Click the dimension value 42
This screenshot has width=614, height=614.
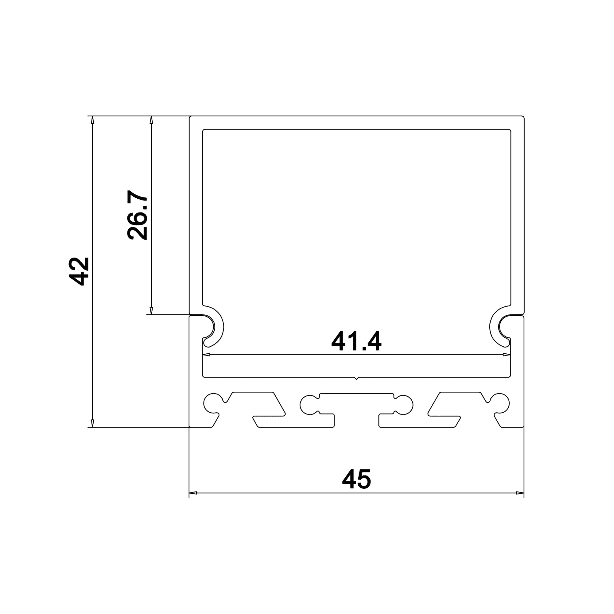79,272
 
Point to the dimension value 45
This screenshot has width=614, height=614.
356,479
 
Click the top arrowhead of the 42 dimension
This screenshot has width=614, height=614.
92,120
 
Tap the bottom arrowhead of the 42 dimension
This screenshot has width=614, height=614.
92,423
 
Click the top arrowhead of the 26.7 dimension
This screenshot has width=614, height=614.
151,120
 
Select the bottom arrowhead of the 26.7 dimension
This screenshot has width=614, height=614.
151,311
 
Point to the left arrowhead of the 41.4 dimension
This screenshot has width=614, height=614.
206,355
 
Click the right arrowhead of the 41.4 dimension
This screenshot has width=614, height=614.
507,355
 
